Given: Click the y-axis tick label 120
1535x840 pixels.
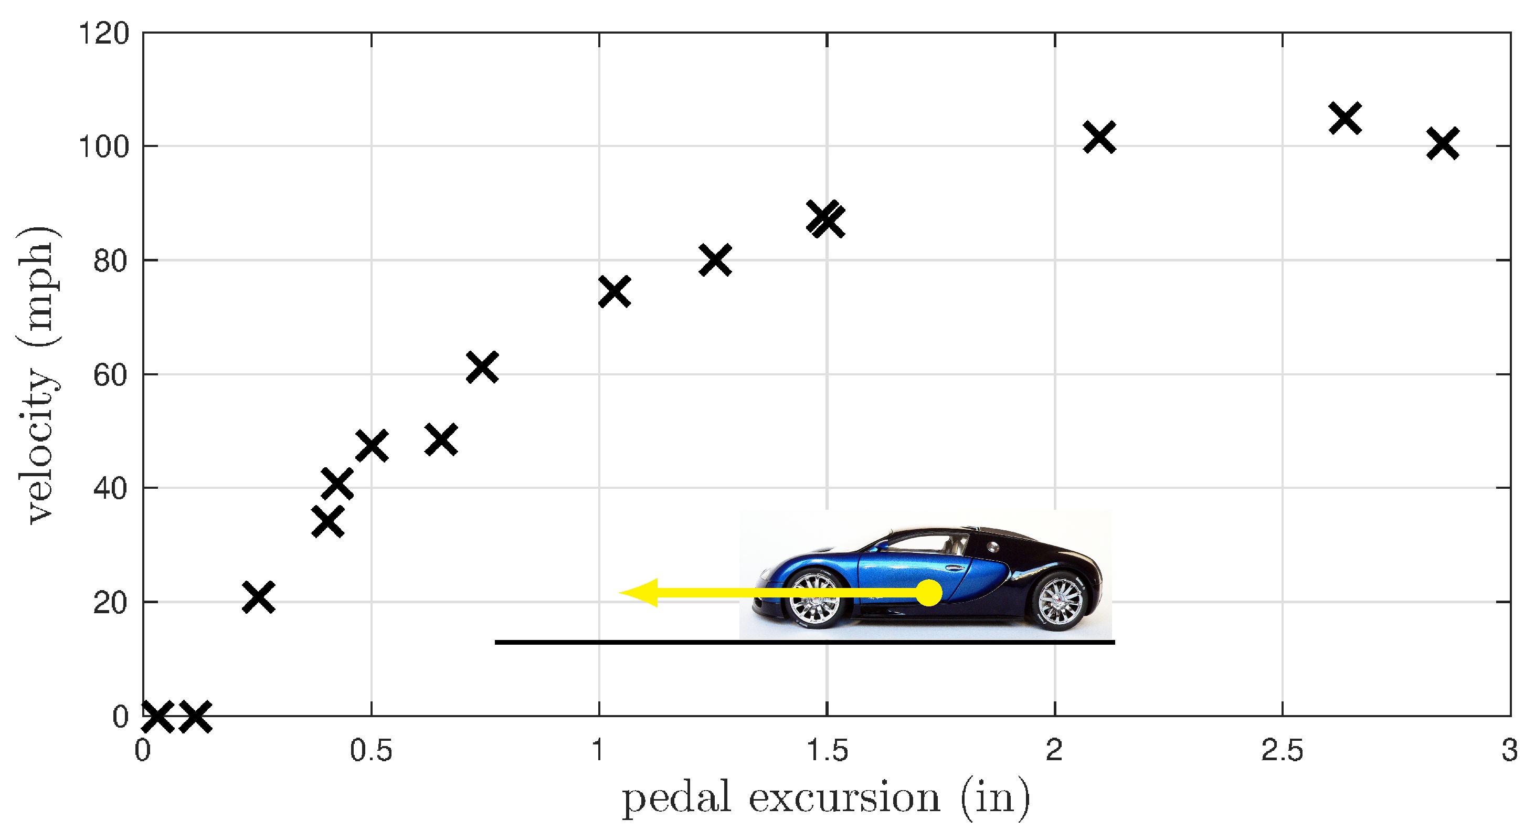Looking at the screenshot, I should point(104,34).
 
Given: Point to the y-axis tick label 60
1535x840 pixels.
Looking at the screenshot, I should point(111,375).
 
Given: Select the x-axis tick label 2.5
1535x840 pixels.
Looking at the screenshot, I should point(1282,751).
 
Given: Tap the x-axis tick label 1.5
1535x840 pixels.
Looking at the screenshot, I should point(827,751).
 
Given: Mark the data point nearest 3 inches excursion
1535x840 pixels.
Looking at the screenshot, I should point(1443,143).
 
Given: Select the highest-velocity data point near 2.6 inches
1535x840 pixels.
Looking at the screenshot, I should point(1345,118).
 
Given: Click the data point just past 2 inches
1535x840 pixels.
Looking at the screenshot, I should point(1099,138).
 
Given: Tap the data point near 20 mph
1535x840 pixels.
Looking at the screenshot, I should point(259,597).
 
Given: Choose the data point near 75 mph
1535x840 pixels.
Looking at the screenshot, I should point(615,291).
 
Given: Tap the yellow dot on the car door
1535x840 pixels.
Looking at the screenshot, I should point(928,593).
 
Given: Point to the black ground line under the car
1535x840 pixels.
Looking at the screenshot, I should point(804,642).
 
